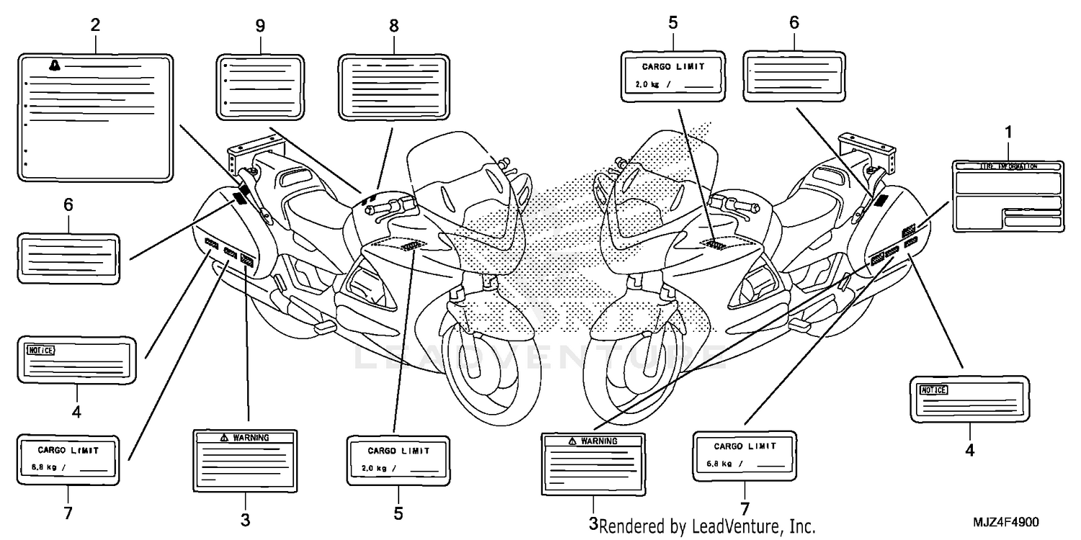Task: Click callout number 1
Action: (1008, 132)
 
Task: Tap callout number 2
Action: (95, 24)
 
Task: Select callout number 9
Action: (260, 26)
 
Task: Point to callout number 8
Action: (393, 26)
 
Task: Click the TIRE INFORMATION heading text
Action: (1008, 166)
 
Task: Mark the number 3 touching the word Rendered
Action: (593, 525)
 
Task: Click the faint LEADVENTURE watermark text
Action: (540, 357)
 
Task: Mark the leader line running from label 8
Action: (385, 158)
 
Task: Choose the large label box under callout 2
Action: (95, 117)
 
